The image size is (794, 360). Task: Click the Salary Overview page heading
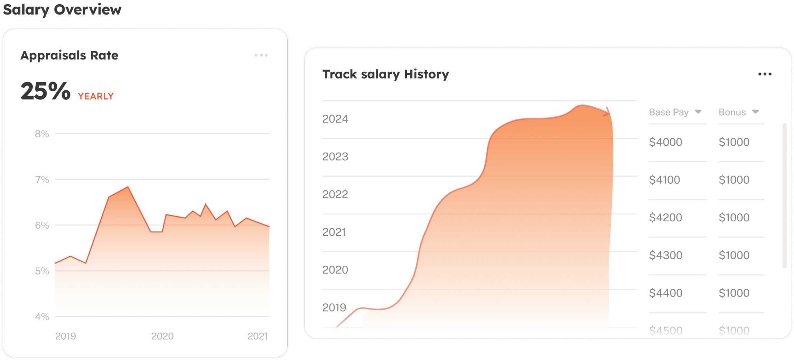(62, 9)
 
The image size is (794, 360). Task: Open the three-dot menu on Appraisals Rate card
(261, 55)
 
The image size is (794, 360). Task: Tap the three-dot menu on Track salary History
(765, 74)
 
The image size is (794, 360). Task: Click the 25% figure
(45, 91)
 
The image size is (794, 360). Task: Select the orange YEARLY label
(96, 96)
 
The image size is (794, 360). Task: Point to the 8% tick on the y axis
(42, 134)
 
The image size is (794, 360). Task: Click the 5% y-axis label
(42, 271)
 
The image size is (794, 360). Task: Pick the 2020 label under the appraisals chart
(162, 336)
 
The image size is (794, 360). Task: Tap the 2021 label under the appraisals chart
(258, 336)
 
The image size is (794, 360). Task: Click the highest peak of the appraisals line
(128, 187)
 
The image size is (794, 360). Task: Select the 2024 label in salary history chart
(335, 119)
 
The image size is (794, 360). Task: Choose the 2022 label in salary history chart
(335, 194)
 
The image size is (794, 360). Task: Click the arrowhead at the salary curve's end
(607, 112)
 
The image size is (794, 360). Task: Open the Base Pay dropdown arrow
(698, 112)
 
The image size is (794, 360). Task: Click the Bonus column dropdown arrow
(755, 112)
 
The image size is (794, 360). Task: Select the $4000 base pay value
(665, 142)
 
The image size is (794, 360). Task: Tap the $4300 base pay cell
(665, 255)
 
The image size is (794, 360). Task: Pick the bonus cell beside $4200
(734, 218)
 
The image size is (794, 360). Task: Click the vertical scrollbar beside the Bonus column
(784, 195)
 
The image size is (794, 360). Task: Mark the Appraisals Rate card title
(69, 55)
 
